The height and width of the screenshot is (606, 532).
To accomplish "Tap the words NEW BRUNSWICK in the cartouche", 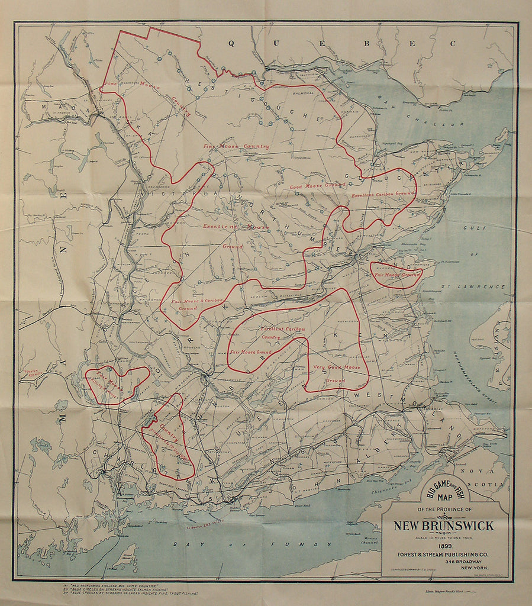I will click(444, 526).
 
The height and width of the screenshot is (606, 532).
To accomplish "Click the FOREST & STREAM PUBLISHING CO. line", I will click(444, 554).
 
